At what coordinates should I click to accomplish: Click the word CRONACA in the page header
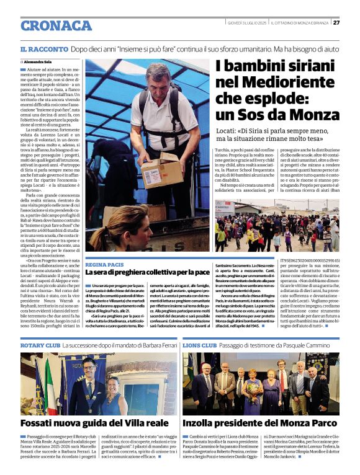pyautogui.click(x=56, y=25)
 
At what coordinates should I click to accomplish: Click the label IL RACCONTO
pyautogui.click(x=44, y=48)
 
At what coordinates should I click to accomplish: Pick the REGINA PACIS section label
pyautogui.click(x=105, y=264)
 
